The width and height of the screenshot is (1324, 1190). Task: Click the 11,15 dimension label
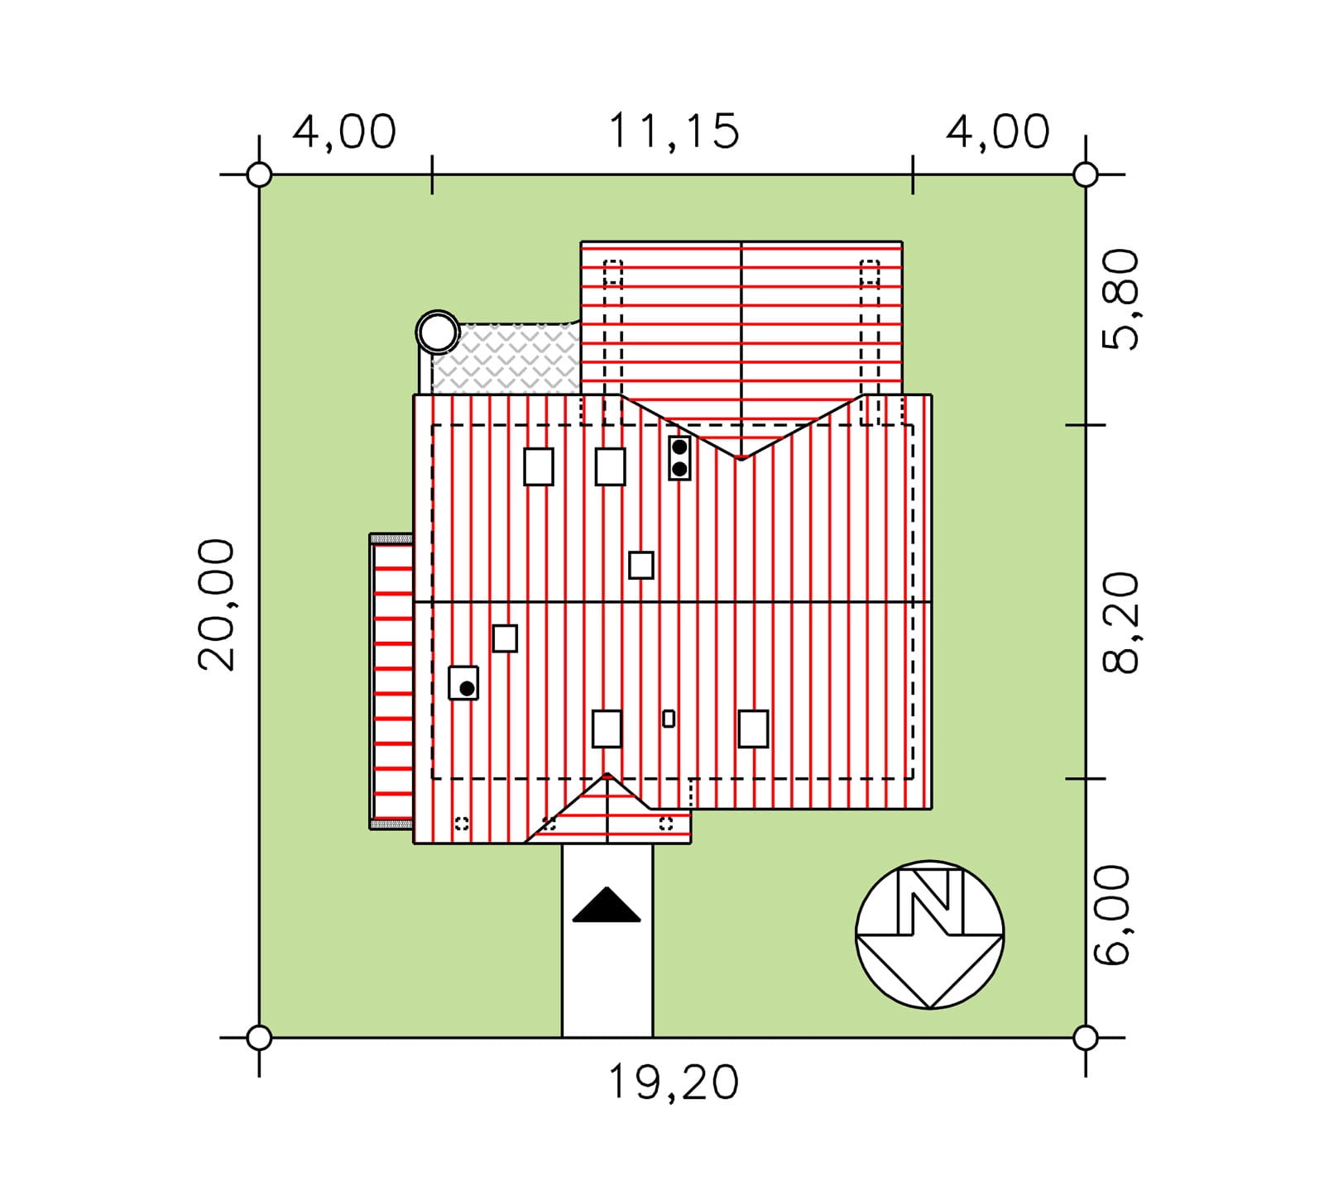(x=673, y=132)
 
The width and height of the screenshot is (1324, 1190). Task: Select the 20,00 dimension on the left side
(x=217, y=604)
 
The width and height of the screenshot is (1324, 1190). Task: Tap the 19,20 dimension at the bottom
(x=673, y=1082)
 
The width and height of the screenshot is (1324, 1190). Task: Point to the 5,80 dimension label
(x=1121, y=299)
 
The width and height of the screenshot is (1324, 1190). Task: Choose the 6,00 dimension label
(x=1112, y=915)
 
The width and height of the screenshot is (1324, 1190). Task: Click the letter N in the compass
(x=930, y=901)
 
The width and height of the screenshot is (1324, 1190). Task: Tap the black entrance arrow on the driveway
(x=607, y=905)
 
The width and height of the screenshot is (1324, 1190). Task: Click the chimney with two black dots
(x=679, y=458)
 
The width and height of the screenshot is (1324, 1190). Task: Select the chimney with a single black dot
(x=463, y=683)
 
